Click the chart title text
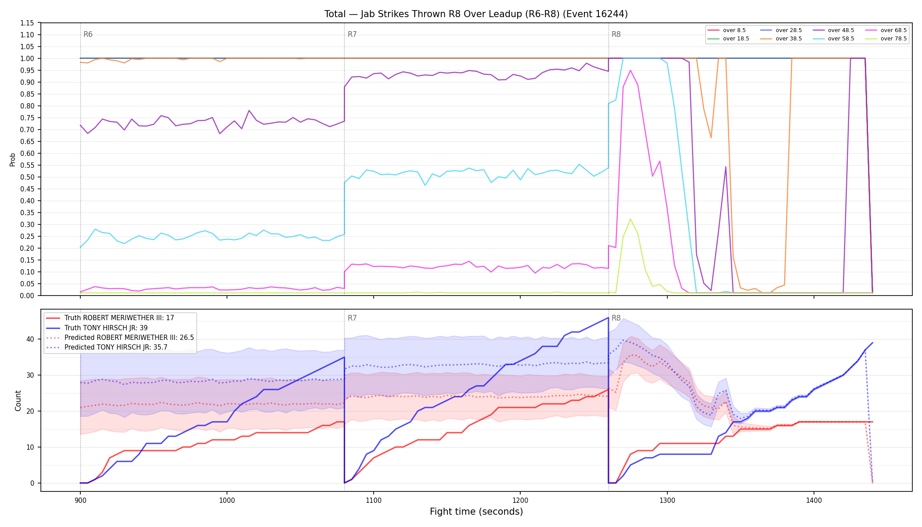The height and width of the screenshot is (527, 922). [476, 14]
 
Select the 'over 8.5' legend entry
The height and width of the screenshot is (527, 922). [727, 30]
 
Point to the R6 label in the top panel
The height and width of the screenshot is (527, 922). [88, 34]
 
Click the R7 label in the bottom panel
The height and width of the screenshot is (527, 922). [352, 318]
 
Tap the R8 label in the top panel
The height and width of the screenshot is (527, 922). [616, 34]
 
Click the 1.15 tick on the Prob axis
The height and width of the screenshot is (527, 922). [27, 23]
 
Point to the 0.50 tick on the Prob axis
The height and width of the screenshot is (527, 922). [27, 177]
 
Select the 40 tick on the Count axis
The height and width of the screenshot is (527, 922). [30, 339]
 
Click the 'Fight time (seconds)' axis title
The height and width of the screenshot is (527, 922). [476, 512]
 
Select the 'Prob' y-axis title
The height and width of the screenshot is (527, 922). [12, 159]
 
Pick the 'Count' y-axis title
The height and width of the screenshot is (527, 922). [18, 401]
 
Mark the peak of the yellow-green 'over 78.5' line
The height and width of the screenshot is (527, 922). [630, 219]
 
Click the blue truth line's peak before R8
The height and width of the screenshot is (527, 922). [608, 318]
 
